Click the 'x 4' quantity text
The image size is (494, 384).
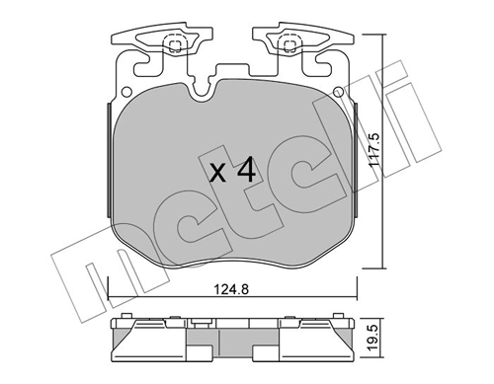(234, 171)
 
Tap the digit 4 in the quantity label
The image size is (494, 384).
(247, 170)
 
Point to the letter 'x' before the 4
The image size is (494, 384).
(218, 174)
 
